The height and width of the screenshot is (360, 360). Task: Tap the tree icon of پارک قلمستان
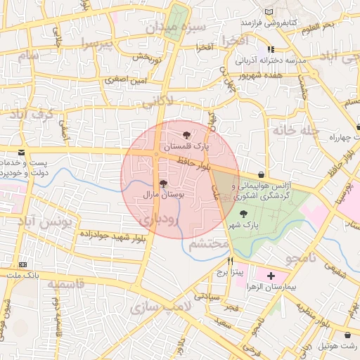click(x=186, y=134)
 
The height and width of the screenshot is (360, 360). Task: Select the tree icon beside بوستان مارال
click(x=163, y=184)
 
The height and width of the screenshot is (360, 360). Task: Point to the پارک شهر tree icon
click(x=243, y=214)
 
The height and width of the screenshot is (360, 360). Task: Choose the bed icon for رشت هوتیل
click(x=349, y=335)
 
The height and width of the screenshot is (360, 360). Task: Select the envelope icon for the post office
click(x=22, y=153)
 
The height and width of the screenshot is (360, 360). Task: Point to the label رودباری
click(x=163, y=221)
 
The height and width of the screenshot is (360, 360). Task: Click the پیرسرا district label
click(x=96, y=45)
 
